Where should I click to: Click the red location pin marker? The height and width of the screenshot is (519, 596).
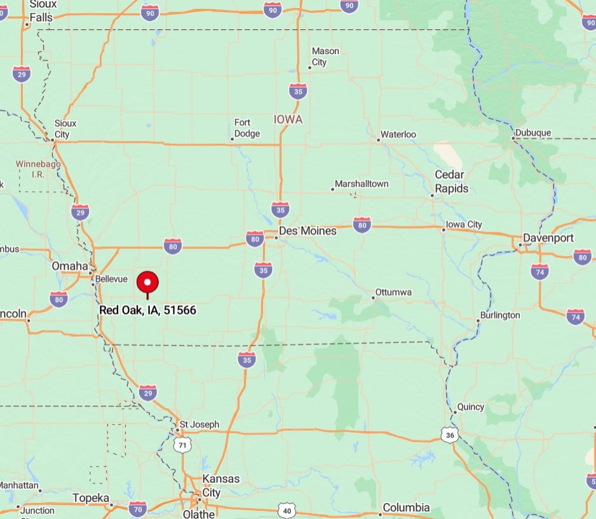pyautogui.click(x=148, y=282)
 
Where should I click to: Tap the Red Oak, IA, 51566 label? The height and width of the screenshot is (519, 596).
pyautogui.click(x=148, y=310)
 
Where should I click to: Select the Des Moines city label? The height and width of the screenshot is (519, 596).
pyautogui.click(x=308, y=231)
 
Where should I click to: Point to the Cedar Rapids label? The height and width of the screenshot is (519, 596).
pyautogui.click(x=451, y=181)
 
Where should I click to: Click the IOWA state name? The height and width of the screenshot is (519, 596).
pyautogui.click(x=288, y=119)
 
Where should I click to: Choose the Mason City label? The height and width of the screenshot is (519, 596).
pyautogui.click(x=325, y=57)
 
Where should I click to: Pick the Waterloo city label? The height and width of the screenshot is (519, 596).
pyautogui.click(x=398, y=135)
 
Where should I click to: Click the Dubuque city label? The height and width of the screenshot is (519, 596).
pyautogui.click(x=533, y=133)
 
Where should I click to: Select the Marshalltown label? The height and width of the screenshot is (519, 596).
pyautogui.click(x=362, y=184)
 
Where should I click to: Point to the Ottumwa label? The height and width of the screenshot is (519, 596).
pyautogui.click(x=393, y=292)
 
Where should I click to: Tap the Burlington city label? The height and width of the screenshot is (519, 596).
pyautogui.click(x=500, y=315)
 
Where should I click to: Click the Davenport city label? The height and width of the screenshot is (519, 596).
pyautogui.click(x=548, y=238)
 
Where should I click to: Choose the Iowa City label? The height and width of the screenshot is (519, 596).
pyautogui.click(x=464, y=224)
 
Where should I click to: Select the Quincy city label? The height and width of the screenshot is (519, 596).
pyautogui.click(x=471, y=407)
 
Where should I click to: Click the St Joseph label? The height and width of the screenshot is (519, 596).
pyautogui.click(x=200, y=424)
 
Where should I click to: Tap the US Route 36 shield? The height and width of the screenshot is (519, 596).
pyautogui.click(x=449, y=435)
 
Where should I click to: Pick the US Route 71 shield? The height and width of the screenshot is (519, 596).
pyautogui.click(x=183, y=445)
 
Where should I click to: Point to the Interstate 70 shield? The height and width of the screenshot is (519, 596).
pyautogui.click(x=138, y=508)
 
